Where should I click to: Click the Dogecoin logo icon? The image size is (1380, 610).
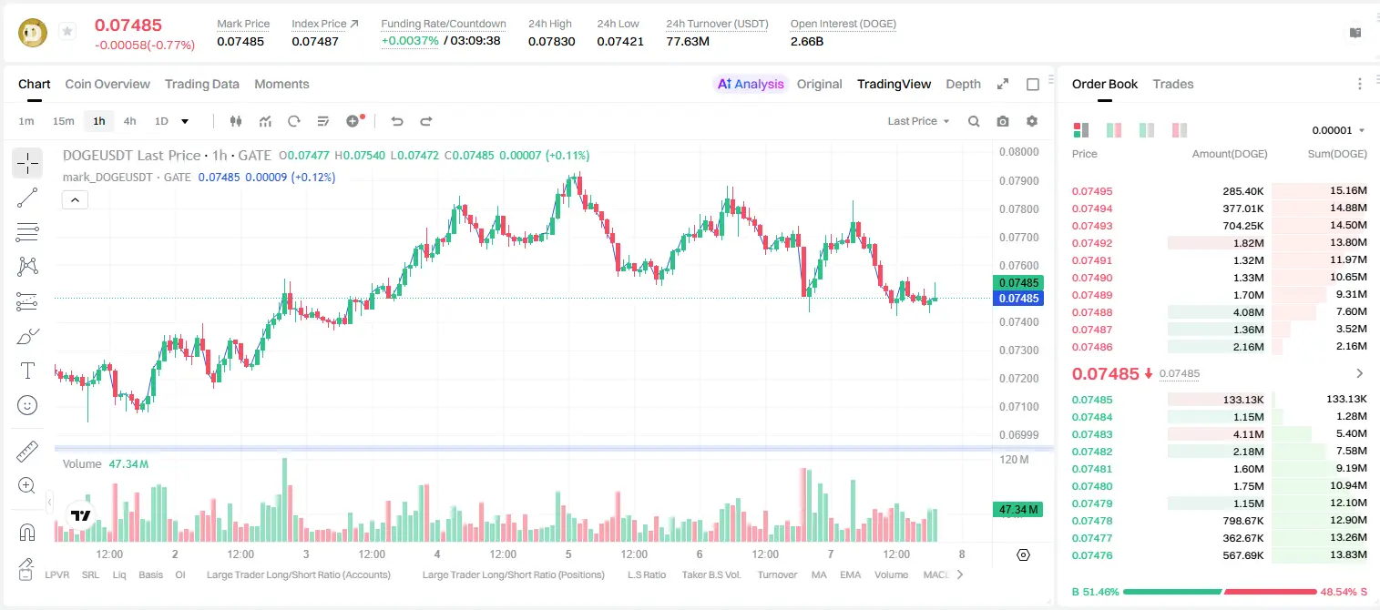coord(33,33)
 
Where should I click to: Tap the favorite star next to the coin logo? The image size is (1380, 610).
coord(67,31)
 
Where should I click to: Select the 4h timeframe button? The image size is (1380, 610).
coord(129,121)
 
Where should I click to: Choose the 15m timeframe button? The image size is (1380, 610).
coord(64,121)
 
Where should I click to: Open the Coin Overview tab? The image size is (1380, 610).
coord(107,84)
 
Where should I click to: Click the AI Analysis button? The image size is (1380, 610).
coord(751,84)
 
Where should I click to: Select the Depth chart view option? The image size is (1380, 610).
coord(963,84)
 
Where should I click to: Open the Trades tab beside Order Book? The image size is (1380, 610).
coord(1173,84)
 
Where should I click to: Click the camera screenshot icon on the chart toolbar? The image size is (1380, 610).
coord(1003,121)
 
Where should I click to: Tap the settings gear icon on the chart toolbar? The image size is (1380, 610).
coord(1032,121)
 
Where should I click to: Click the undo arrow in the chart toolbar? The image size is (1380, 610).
coord(397,121)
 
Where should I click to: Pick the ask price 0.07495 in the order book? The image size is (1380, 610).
coord(1091,191)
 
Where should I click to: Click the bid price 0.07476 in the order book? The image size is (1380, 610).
coord(1091,555)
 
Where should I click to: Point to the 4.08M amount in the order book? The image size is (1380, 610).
coord(1248,312)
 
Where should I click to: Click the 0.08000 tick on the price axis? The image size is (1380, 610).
coord(1019,152)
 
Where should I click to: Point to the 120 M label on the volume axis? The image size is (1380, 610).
coord(1014,459)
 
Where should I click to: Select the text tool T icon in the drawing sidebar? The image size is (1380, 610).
coord(27,371)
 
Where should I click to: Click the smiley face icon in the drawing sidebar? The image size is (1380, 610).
coord(27,405)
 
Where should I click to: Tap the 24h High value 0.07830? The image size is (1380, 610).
coord(551,41)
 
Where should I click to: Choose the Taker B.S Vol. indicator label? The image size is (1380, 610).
coord(710,574)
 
